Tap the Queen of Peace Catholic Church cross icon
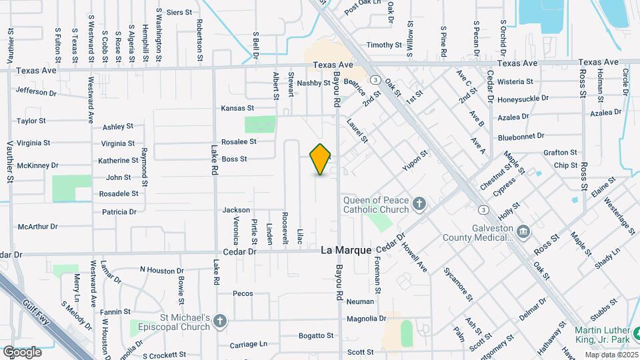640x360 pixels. [419, 203]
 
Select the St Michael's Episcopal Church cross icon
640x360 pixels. [221, 323]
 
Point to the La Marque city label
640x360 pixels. [346, 251]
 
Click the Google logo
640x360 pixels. [22, 351]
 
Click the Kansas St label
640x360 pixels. [238, 108]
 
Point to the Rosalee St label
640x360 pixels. [239, 141]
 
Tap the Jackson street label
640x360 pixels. [236, 210]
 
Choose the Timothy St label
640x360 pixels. [384, 45]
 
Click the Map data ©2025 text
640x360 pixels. [611, 354]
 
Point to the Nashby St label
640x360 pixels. [313, 83]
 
